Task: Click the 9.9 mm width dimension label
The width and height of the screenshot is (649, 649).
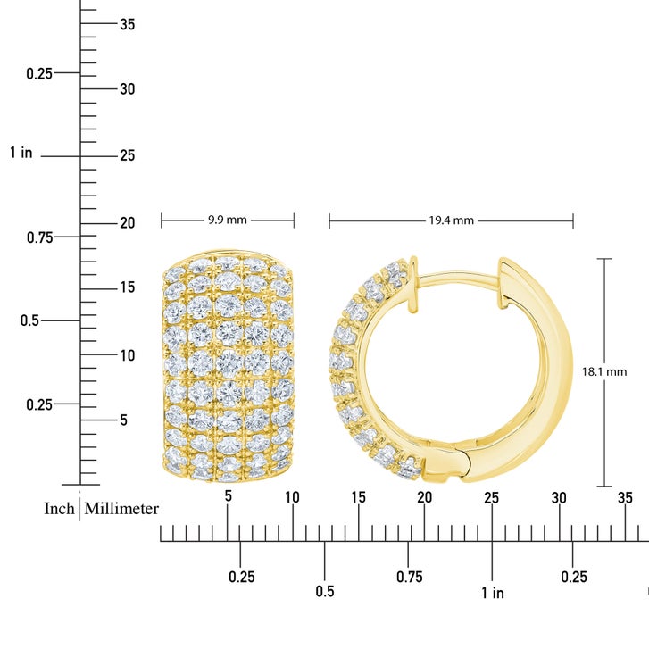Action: coord(228,220)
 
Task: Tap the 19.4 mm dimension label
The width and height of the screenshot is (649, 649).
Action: coord(451,220)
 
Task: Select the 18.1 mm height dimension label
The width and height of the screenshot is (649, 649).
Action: coord(604,371)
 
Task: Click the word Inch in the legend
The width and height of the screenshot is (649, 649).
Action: coord(59,509)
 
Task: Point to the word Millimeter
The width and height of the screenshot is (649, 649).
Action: coord(121,509)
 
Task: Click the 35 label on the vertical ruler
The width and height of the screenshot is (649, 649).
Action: coord(128,24)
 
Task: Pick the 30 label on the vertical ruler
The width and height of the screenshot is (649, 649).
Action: coord(128,89)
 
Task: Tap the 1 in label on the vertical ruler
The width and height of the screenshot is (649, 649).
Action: coord(21,153)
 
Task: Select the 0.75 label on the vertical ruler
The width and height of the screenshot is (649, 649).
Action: coord(40,237)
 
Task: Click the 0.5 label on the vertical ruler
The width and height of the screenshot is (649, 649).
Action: coord(29,320)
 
